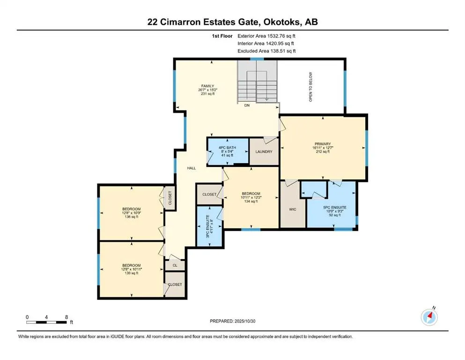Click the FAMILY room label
click(205, 86)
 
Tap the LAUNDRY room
click(264, 151)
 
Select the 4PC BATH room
click(228, 148)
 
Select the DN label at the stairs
click(247, 105)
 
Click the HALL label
click(192, 167)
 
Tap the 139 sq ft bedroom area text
click(132, 273)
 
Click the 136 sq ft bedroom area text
click(132, 217)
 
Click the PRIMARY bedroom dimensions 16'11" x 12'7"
click(323, 148)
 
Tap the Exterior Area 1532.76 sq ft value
click(266, 36)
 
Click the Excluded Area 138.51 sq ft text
click(266, 51)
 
